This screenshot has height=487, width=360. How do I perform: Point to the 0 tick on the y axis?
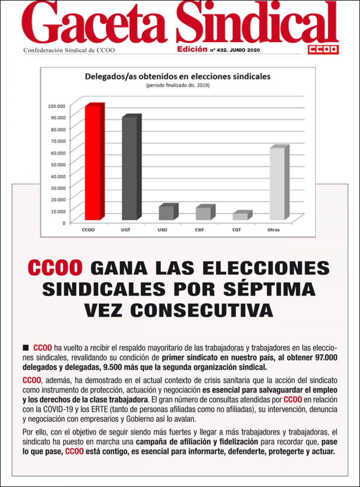(64, 223)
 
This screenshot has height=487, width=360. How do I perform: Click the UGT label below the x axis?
(125, 230)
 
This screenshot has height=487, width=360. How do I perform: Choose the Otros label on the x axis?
(273, 230)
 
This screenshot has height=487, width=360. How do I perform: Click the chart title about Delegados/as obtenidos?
(178, 76)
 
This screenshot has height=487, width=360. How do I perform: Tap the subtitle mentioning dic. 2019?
(178, 86)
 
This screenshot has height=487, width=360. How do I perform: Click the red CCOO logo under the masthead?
(323, 50)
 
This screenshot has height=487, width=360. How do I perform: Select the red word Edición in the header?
(192, 49)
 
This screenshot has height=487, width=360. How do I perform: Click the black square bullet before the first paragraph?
(26, 348)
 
